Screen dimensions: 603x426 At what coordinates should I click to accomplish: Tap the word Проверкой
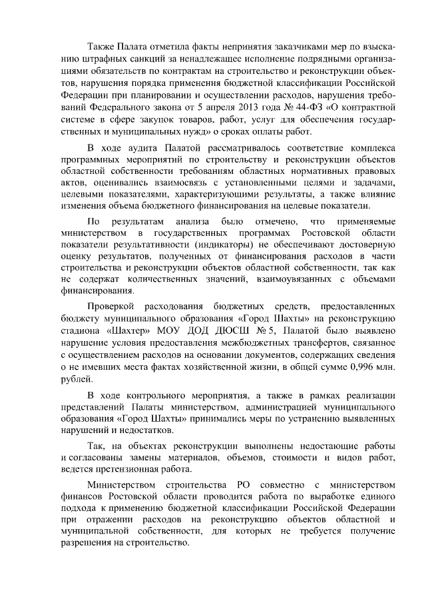point(111,306)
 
